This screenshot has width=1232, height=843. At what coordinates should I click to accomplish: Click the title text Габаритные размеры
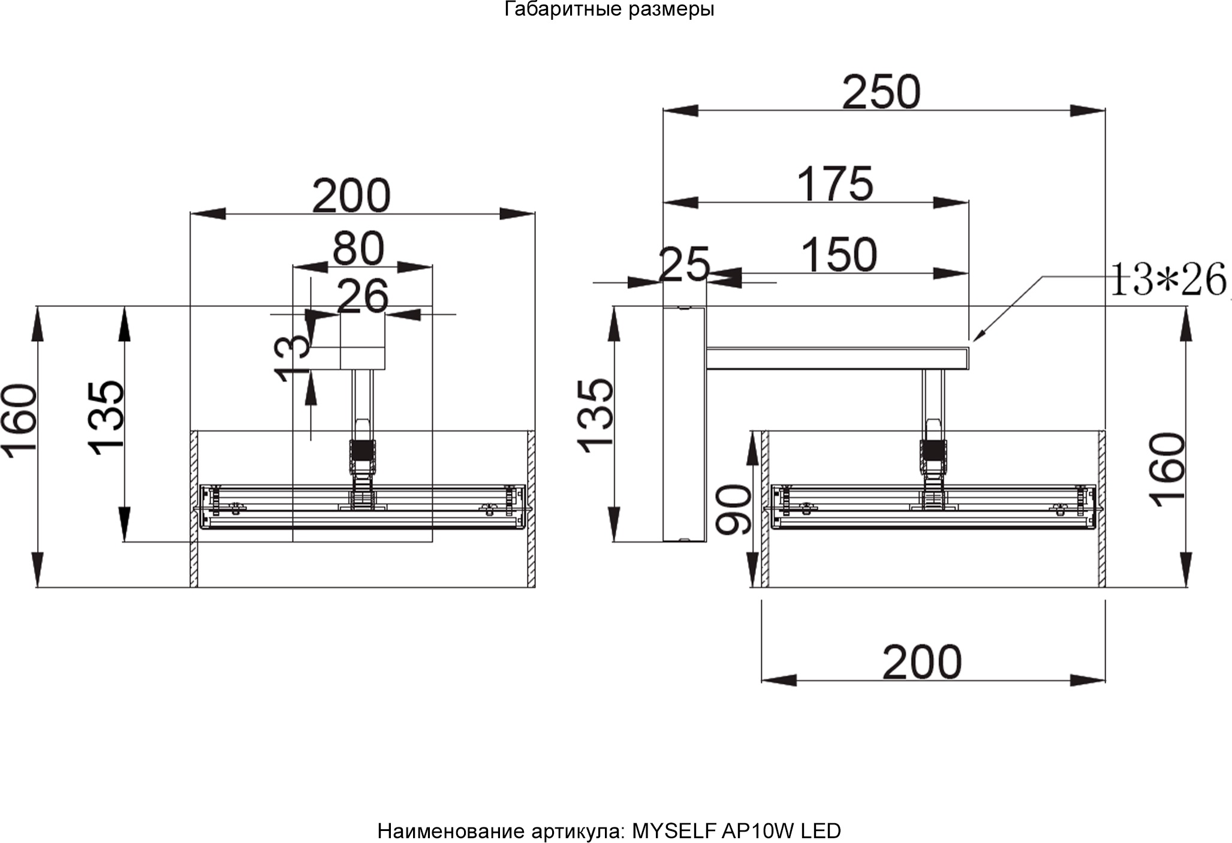pyautogui.click(x=610, y=10)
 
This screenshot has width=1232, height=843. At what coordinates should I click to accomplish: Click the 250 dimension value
pyautogui.click(x=881, y=92)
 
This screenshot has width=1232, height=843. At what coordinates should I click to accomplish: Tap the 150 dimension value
pyautogui.click(x=839, y=255)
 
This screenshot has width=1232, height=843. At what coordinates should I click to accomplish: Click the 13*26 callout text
pyautogui.click(x=1168, y=279)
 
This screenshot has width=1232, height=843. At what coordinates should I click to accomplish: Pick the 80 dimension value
pyautogui.click(x=359, y=248)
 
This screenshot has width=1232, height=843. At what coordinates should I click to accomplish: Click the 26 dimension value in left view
pyautogui.click(x=363, y=296)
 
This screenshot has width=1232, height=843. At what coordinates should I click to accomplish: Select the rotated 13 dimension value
pyautogui.click(x=292, y=357)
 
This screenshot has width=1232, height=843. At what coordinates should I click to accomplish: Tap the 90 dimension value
pyautogui.click(x=734, y=510)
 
